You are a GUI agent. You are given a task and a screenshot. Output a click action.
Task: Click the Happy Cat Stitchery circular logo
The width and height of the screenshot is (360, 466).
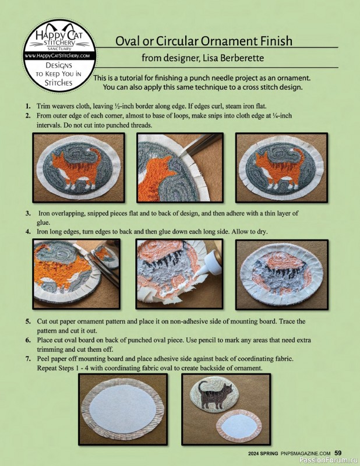[60, 55]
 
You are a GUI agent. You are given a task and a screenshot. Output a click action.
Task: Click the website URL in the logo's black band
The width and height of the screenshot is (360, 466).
[60, 55]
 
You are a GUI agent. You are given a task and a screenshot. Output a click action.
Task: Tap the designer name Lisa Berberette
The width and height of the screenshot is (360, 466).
[233, 58]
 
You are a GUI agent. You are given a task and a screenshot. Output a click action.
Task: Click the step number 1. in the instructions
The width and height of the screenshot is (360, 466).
[28, 106]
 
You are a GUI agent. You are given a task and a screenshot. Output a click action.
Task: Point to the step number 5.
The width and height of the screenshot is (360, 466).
[28, 322]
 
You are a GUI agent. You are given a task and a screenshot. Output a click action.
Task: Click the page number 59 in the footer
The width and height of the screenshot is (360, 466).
[338, 453]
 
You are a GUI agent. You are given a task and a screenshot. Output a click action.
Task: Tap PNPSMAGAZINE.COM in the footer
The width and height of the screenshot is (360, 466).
[306, 454]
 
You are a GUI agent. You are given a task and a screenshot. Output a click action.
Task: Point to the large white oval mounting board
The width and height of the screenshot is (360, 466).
[122, 410]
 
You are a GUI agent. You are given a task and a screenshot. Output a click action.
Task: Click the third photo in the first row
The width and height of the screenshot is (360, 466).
[281, 168]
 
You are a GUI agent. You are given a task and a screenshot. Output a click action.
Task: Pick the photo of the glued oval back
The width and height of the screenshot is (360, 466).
[282, 274]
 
